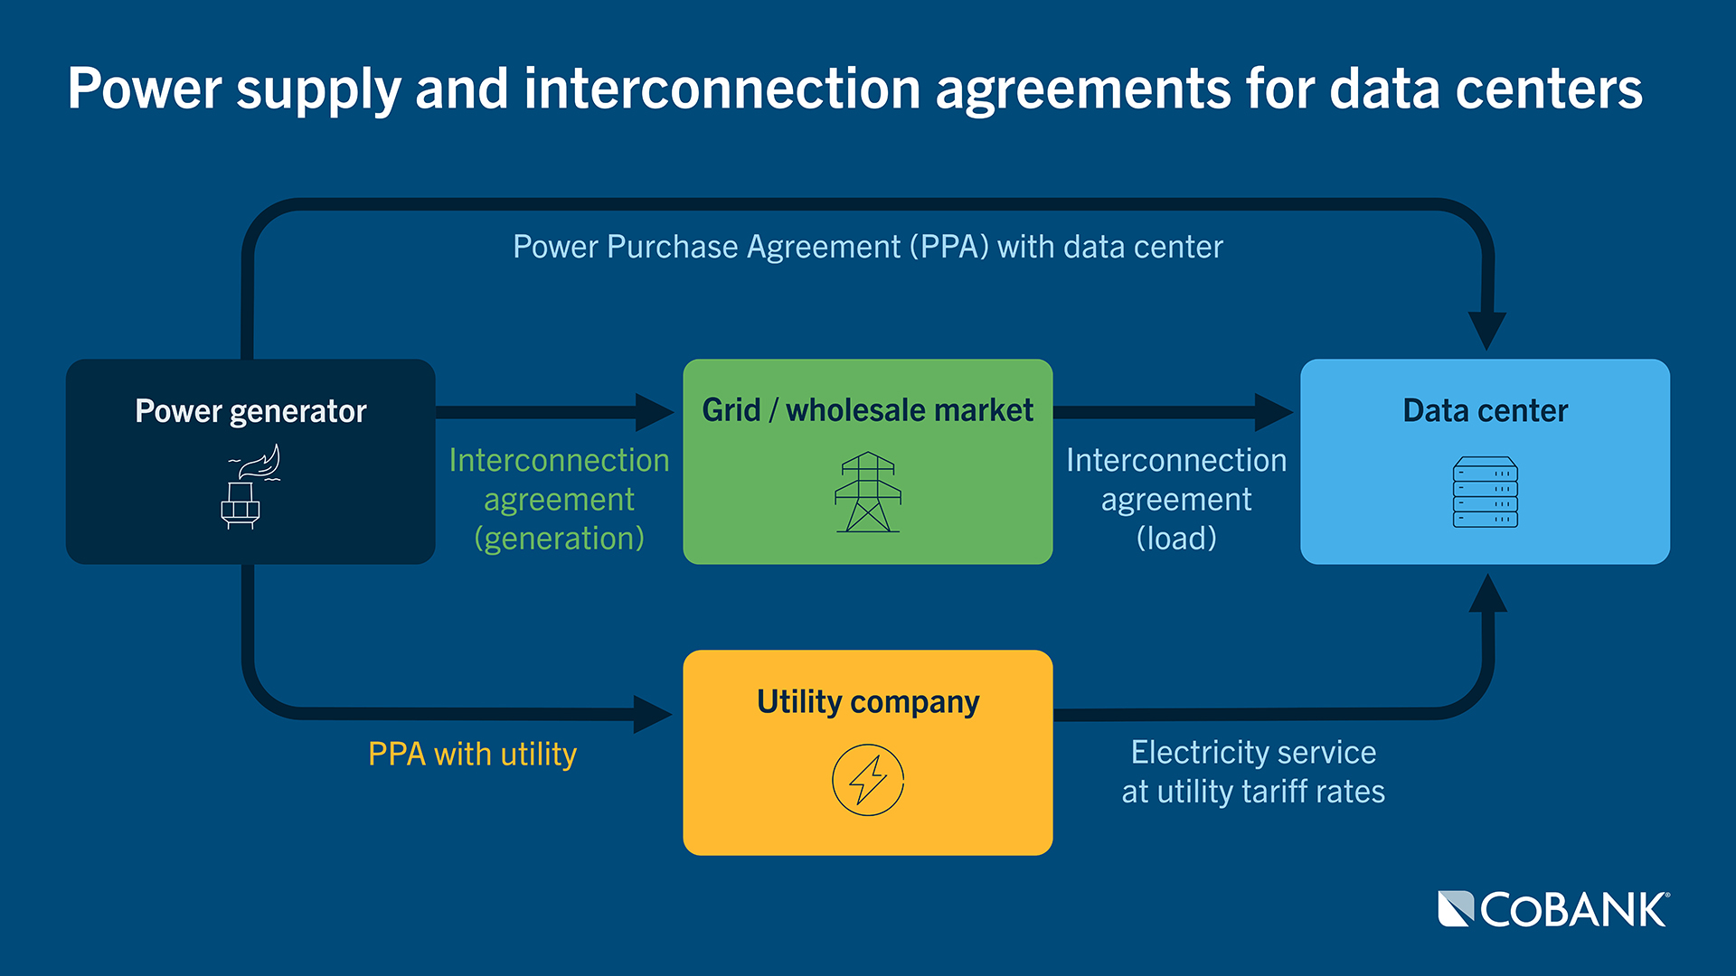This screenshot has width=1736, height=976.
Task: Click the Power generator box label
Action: pyautogui.click(x=250, y=411)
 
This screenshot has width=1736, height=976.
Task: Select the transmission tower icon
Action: pyautogui.click(x=867, y=493)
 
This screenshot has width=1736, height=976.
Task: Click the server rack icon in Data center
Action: pyautogui.click(x=1485, y=493)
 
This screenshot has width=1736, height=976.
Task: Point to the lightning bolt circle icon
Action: pyautogui.click(x=867, y=780)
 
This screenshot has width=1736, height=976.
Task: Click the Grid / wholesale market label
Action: pyautogui.click(x=867, y=410)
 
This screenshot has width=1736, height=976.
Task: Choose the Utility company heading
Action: pyautogui.click(x=867, y=702)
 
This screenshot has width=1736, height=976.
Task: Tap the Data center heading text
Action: pyautogui.click(x=1485, y=411)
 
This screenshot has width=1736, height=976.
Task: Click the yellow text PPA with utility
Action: pyautogui.click(x=472, y=754)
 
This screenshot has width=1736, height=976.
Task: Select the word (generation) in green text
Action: pyautogui.click(x=559, y=539)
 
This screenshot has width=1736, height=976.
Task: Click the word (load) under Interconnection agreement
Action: pyautogui.click(x=1175, y=539)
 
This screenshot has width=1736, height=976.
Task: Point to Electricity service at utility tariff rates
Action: pyautogui.click(x=1253, y=772)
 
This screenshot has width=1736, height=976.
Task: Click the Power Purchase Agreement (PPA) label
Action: pyautogui.click(x=867, y=247)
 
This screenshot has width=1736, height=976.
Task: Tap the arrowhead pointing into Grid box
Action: pyautogui.click(x=654, y=412)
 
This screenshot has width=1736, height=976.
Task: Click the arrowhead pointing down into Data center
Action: pyautogui.click(x=1486, y=331)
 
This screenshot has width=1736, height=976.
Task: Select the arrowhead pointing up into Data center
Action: pyautogui.click(x=1487, y=594)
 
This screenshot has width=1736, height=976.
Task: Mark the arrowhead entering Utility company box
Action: pyautogui.click(x=652, y=714)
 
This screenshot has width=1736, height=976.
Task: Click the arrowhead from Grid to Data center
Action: pyautogui.click(x=1273, y=412)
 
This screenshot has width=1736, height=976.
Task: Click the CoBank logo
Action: pyautogui.click(x=1552, y=910)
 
